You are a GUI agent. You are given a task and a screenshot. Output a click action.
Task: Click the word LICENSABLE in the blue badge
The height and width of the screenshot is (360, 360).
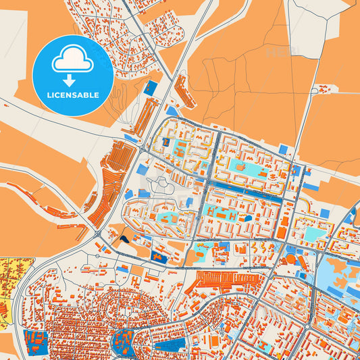73,95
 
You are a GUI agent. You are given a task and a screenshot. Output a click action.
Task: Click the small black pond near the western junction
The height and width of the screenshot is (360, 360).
125,238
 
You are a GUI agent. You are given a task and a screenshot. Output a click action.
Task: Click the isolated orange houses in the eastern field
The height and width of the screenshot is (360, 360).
325,88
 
